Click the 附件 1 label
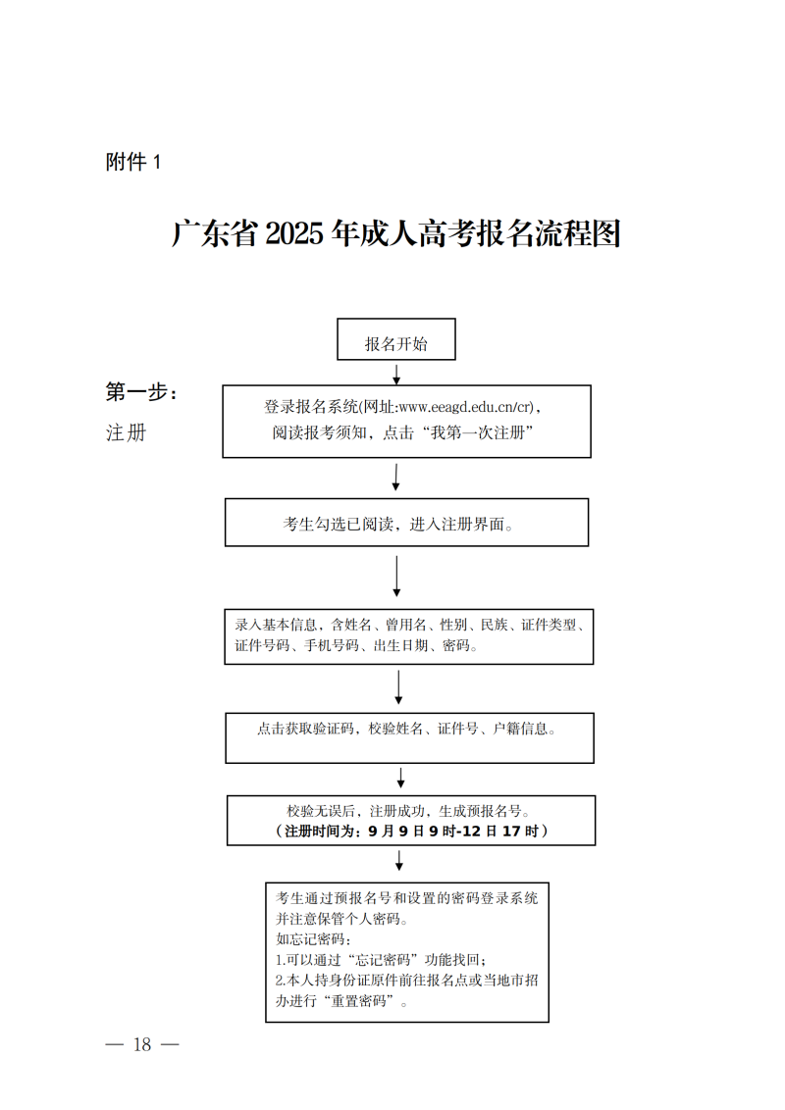tap(132, 163)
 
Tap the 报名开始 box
tap(396, 343)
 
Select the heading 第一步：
tap(142, 392)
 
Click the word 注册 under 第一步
tap(126, 432)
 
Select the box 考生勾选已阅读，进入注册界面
tap(406, 524)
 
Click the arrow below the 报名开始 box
tap(396, 374)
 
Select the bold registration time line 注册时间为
tap(411, 832)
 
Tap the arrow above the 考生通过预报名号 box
tap(399, 861)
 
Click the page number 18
tap(142, 1044)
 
